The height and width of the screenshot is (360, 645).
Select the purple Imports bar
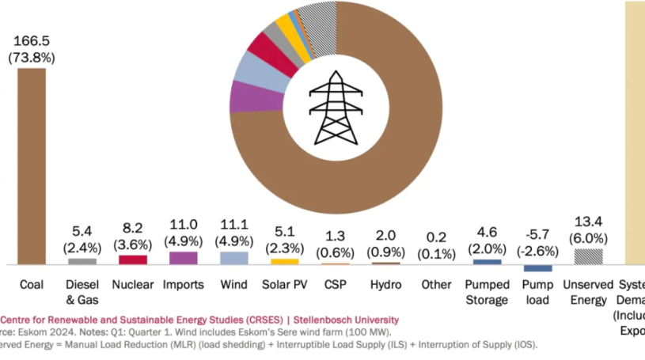(x=184, y=258)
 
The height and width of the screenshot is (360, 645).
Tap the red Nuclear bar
(x=133, y=260)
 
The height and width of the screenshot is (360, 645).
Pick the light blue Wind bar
(x=234, y=258)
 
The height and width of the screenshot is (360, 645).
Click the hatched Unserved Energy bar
(x=587, y=256)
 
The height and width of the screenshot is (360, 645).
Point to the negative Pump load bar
(x=537, y=268)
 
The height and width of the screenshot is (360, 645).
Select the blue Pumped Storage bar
(x=487, y=261)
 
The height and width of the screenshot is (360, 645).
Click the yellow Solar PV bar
(x=285, y=261)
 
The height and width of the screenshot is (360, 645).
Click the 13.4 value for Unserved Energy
(x=587, y=221)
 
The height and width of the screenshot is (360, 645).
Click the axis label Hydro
(x=385, y=285)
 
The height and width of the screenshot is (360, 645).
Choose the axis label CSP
(x=335, y=285)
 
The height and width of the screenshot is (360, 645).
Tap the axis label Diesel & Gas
(x=82, y=292)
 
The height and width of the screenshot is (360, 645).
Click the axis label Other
(x=436, y=285)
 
